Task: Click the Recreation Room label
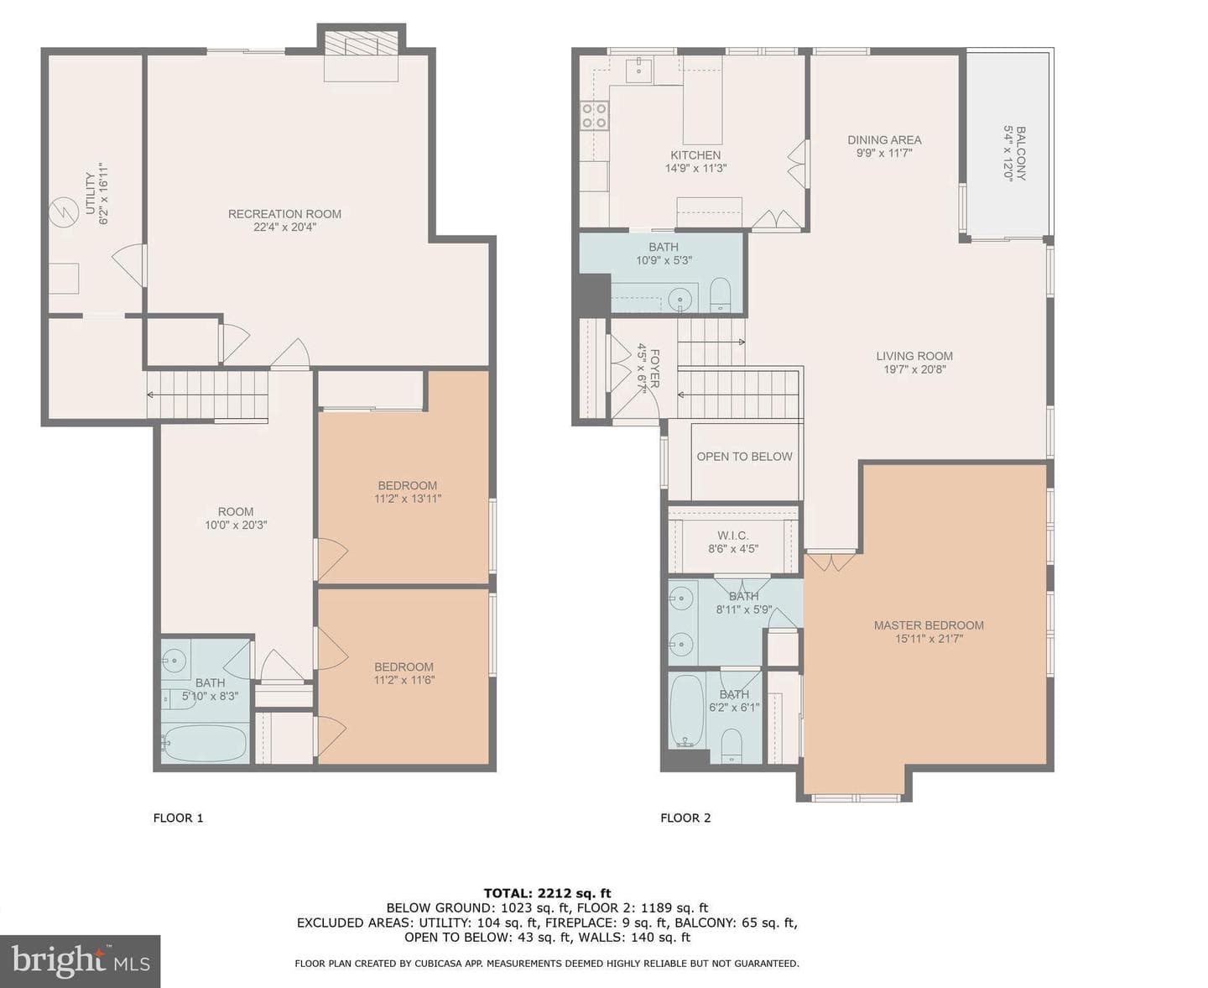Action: tap(284, 214)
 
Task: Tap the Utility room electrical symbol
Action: tap(63, 212)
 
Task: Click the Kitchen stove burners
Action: tap(594, 115)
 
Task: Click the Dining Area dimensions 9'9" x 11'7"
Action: tap(884, 153)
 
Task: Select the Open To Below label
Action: tap(744, 457)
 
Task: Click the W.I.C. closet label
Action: tap(733, 536)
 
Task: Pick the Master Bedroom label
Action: tap(929, 625)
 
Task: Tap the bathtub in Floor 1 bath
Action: tap(205, 743)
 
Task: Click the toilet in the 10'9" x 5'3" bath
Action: tap(720, 295)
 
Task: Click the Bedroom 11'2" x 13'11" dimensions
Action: tap(407, 499)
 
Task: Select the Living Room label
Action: tap(914, 356)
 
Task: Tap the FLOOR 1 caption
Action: tap(178, 818)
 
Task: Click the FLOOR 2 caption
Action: tap(685, 818)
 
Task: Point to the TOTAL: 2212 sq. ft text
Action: tap(547, 893)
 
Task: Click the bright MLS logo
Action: tap(81, 961)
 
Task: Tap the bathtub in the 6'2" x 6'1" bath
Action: tap(687, 711)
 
